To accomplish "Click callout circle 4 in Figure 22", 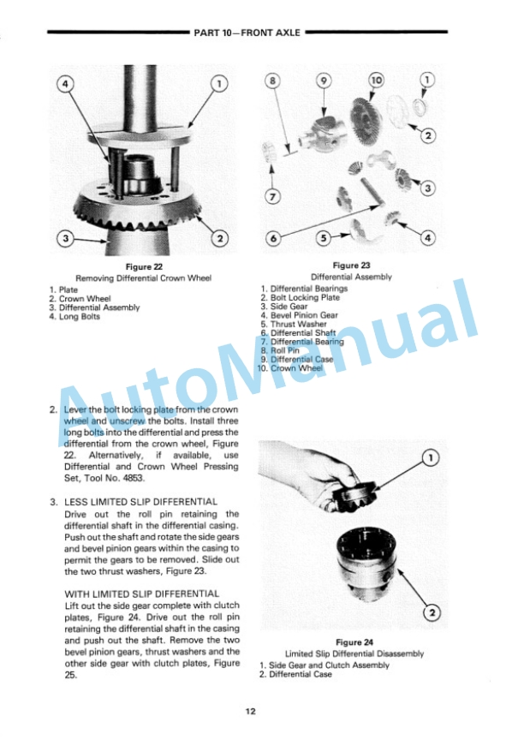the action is [66, 85].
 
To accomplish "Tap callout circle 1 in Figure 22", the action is [219, 84].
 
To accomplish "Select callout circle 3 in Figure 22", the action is [66, 238].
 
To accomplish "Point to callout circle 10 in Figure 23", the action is [377, 81].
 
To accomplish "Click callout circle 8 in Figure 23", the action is [272, 81].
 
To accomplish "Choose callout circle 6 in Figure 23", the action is [273, 238].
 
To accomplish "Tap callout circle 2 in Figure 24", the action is [432, 613].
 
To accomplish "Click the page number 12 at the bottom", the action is [251, 711].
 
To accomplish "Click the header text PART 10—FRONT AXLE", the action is [247, 33].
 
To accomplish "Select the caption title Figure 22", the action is [144, 267].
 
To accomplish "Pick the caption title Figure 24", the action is [354, 642].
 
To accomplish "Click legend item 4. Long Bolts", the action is [74, 317].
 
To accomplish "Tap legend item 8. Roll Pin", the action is [280, 350].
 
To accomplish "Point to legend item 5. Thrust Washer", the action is [294, 325].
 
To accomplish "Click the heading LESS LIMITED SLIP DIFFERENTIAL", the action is [141, 502].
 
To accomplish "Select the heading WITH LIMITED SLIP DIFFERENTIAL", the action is [142, 594].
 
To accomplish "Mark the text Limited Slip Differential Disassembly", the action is [354, 654].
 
